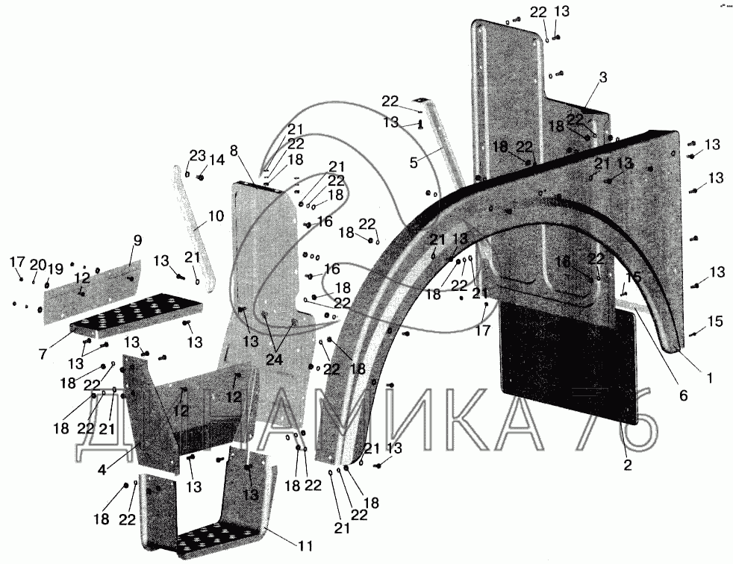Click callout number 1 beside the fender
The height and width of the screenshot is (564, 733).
709,377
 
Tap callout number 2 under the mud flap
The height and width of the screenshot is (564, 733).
628,465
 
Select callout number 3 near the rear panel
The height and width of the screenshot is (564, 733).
602,77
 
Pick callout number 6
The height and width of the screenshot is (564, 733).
682,396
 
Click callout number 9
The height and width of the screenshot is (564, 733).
137,240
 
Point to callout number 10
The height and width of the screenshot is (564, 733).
216,216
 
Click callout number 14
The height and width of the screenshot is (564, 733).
216,159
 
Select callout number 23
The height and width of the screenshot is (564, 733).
196,155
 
